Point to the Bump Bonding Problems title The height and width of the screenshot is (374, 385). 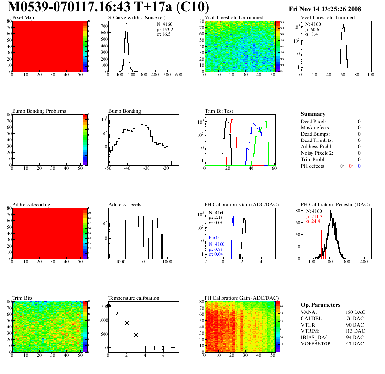39,111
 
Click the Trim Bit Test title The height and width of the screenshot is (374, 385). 219,111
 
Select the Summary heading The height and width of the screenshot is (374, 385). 313,114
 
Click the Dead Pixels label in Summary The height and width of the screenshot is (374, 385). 314,121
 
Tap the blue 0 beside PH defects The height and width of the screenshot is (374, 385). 360,166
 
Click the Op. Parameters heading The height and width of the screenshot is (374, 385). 320,305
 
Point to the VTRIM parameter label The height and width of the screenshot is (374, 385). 310,331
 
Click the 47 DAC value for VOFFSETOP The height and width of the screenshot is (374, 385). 355,343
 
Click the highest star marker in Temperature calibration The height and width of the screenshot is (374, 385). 108,306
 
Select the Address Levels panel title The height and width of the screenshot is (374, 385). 125,204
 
